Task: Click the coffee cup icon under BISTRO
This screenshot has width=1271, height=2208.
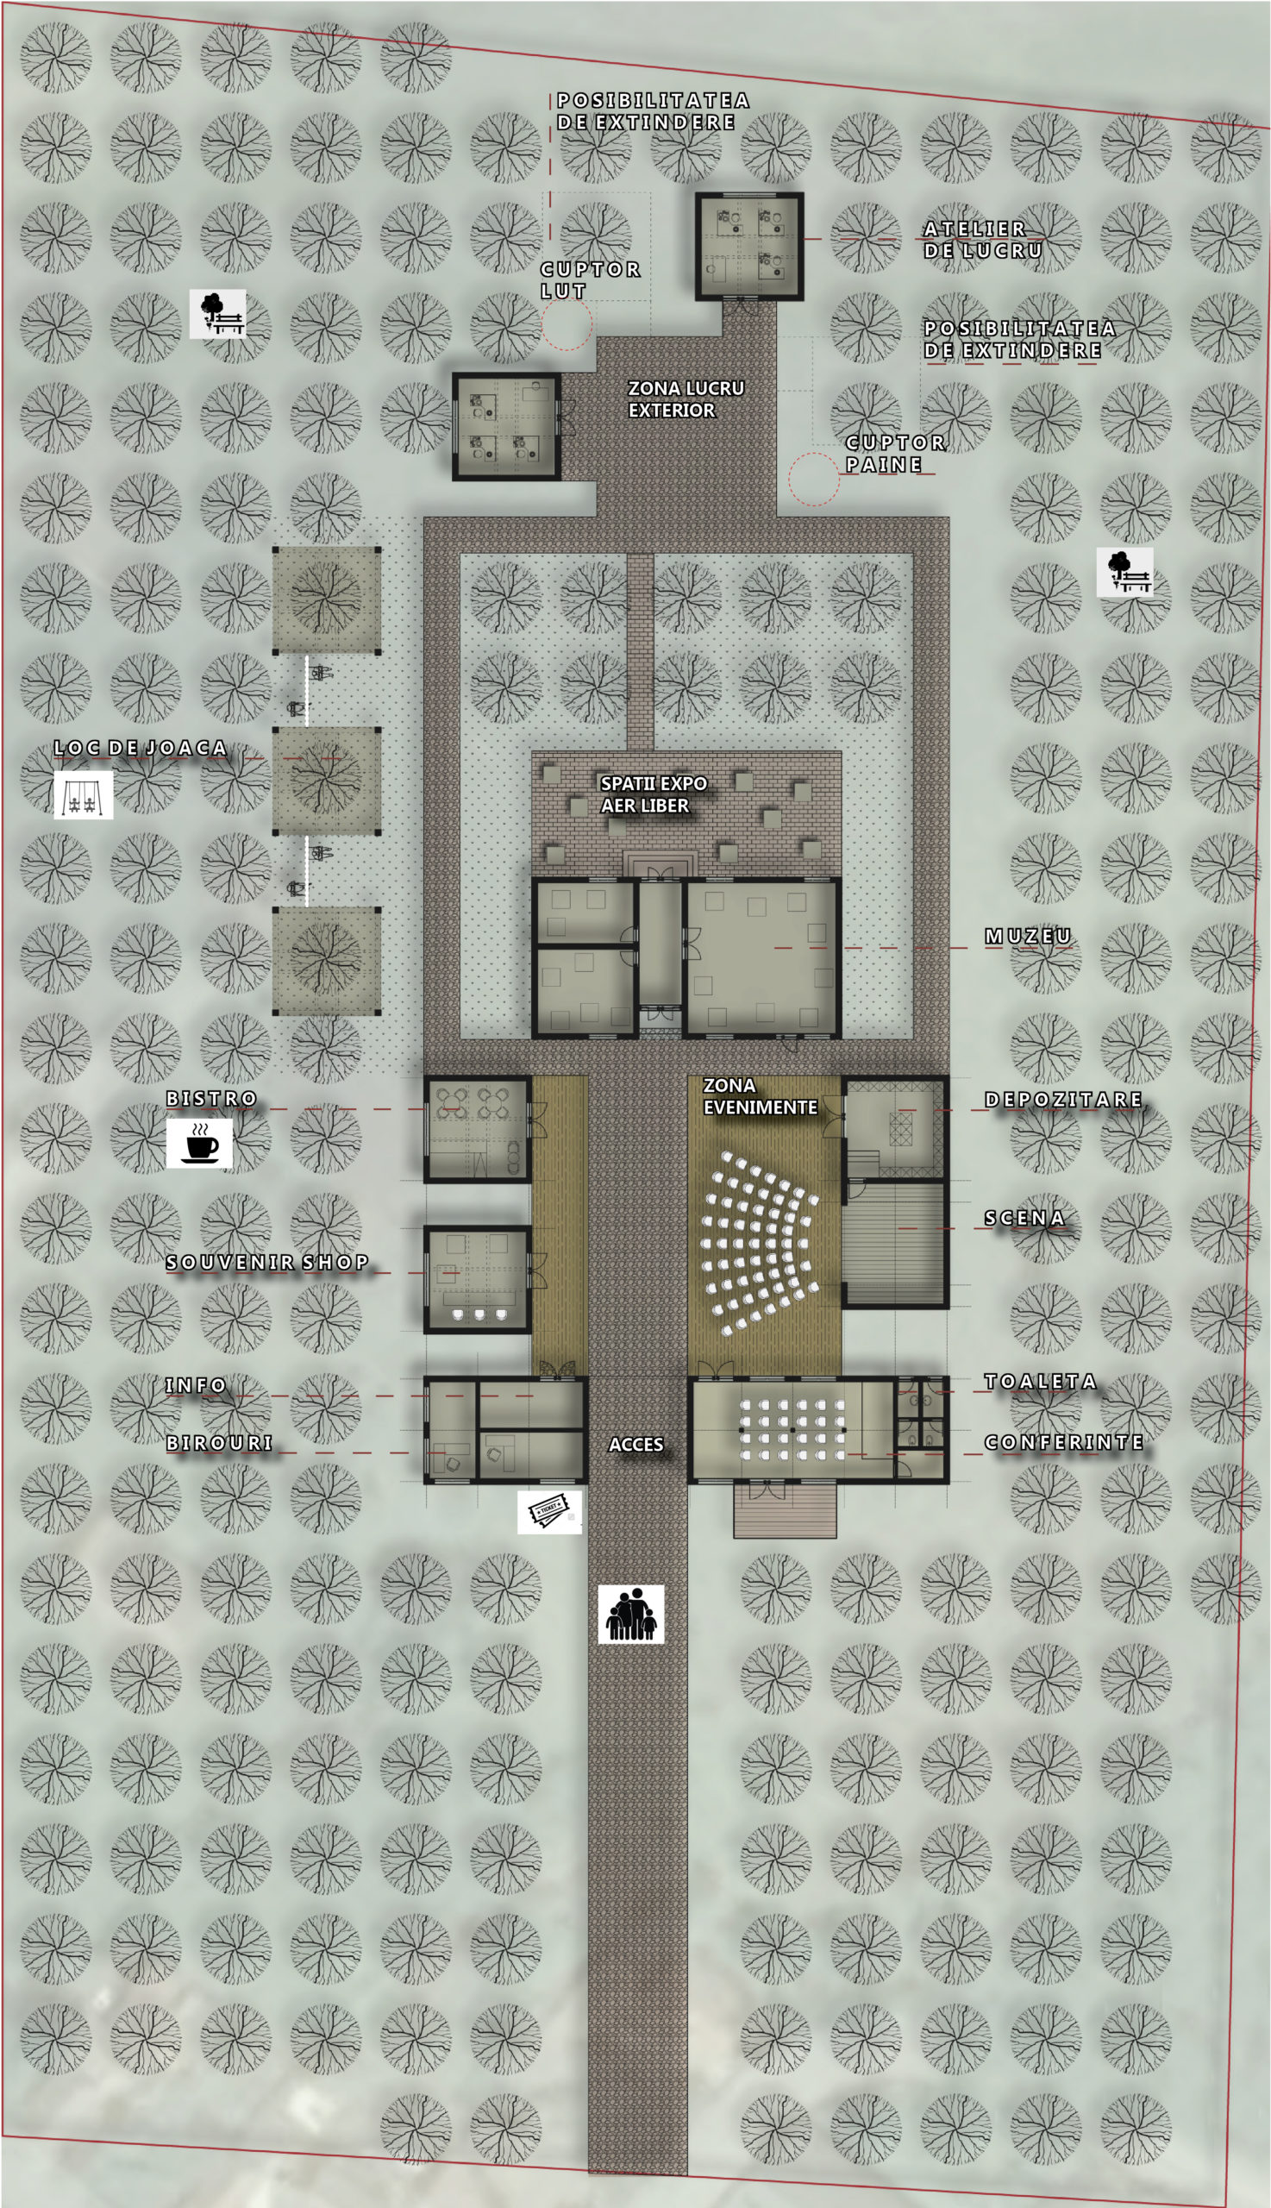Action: click(x=200, y=1143)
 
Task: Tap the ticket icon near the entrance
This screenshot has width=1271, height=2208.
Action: click(x=550, y=1512)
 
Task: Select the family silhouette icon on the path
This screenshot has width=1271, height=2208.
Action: click(x=631, y=1615)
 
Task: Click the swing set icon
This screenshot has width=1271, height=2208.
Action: click(x=84, y=794)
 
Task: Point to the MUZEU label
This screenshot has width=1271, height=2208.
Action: click(x=1029, y=936)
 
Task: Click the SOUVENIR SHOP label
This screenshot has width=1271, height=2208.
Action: click(x=267, y=1262)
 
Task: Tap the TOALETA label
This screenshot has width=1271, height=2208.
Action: click(x=1041, y=1381)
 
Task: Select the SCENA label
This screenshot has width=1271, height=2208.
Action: click(x=1025, y=1218)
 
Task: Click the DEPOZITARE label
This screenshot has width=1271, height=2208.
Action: click(x=1063, y=1099)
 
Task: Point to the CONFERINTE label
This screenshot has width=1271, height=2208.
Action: click(x=1064, y=1442)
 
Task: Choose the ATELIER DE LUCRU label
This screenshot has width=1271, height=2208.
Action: click(x=983, y=239)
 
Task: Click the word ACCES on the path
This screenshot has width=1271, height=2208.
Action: click(x=635, y=1445)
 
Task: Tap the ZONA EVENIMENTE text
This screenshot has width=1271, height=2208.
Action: click(x=760, y=1096)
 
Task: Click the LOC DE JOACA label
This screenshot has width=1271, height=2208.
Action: click(x=141, y=749)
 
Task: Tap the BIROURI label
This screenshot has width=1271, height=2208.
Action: click(x=219, y=1443)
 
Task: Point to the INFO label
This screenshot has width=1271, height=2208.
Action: click(x=197, y=1385)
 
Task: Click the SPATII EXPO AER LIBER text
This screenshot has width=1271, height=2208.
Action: click(x=653, y=794)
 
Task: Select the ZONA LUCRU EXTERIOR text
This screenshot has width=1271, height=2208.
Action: click(x=686, y=399)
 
